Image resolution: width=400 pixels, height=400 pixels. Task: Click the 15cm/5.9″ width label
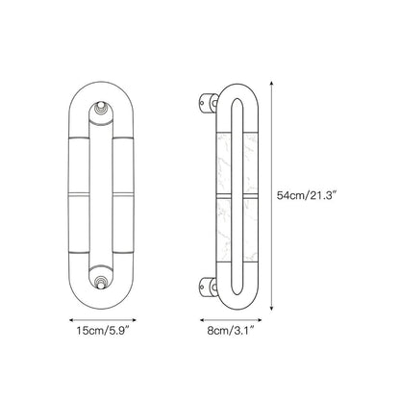[103, 331]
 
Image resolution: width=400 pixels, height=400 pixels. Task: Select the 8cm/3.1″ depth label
[231, 331]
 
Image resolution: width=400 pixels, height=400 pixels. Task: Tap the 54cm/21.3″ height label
[306, 195]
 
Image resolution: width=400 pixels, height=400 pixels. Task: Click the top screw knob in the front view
[101, 109]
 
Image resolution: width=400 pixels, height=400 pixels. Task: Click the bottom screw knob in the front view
[101, 282]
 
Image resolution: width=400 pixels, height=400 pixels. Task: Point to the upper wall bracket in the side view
[209, 103]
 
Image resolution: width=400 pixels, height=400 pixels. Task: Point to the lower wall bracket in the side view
[209, 287]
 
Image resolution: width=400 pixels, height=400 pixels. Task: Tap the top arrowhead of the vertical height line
[271, 84]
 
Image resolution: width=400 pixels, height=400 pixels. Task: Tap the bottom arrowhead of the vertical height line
[271, 308]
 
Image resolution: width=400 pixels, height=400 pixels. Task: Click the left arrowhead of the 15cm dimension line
[72, 319]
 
